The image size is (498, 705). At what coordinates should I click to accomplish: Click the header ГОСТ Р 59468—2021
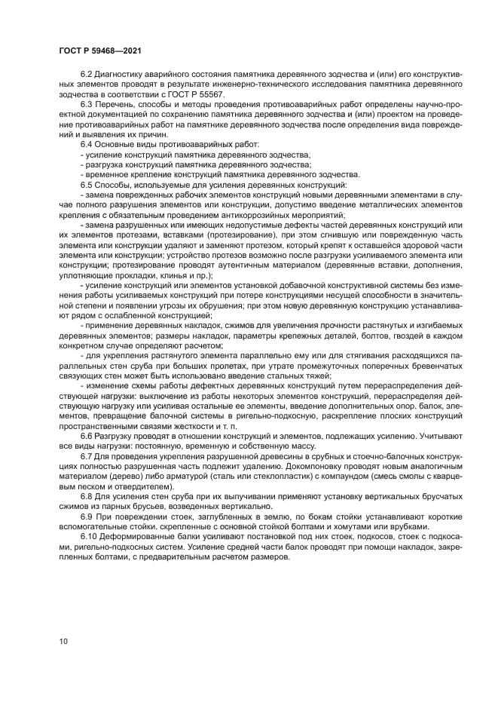[x=100, y=51]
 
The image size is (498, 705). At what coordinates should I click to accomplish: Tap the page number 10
[x=63, y=642]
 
